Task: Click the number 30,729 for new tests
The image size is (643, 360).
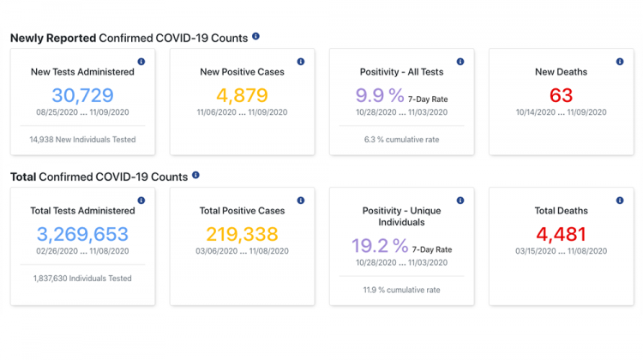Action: point(82,95)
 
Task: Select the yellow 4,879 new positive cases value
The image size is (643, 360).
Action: point(242,95)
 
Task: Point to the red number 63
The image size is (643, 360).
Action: point(561,95)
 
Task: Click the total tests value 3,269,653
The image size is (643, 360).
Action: point(82,234)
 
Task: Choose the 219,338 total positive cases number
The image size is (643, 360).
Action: point(242,234)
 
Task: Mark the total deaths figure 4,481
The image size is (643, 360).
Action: point(561,234)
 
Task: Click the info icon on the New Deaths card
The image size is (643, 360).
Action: point(620,62)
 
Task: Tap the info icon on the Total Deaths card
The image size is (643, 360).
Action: point(620,201)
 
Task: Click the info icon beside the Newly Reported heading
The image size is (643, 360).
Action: point(255,37)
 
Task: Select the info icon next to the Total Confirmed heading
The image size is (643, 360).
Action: point(195,176)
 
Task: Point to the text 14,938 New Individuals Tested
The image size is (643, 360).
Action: point(82,139)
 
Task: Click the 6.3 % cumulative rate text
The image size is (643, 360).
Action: point(401,139)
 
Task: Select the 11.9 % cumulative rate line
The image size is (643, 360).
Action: point(401,290)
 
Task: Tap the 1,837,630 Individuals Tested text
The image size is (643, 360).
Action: point(82,278)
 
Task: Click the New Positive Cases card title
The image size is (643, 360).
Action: point(242,72)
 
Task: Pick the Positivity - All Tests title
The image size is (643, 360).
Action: point(401,72)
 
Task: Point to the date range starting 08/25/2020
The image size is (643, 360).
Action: point(82,112)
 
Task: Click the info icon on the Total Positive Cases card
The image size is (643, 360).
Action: point(301,201)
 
